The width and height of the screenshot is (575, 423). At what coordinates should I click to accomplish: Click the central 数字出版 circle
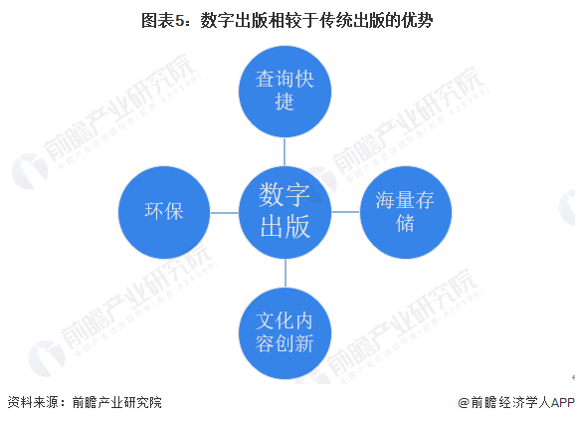point(285,212)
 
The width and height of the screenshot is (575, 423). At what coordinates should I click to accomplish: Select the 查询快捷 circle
point(285,92)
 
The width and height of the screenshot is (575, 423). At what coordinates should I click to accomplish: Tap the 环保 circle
point(164,212)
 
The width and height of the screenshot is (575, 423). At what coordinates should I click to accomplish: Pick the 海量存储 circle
point(406,212)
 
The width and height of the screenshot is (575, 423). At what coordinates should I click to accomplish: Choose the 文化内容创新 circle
point(285,332)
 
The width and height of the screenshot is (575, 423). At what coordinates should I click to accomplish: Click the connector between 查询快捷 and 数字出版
point(285,152)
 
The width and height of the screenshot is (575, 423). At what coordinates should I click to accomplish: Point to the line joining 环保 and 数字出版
point(225,212)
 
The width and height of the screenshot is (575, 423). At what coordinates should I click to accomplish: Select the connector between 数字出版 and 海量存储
point(345,212)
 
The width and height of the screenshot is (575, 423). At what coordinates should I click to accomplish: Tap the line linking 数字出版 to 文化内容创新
point(286,273)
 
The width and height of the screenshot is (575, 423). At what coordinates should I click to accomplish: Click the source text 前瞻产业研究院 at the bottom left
point(117,402)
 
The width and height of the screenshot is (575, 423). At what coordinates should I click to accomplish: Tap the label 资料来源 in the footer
point(33,402)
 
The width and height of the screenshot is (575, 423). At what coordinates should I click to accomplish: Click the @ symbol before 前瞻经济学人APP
point(464,403)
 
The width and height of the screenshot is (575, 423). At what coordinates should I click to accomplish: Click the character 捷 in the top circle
point(285,102)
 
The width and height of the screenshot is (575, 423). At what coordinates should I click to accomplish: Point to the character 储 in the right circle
point(405,223)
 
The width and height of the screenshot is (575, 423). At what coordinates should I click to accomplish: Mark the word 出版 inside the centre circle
point(285,226)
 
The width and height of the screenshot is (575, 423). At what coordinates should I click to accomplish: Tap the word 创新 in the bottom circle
point(294,343)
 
